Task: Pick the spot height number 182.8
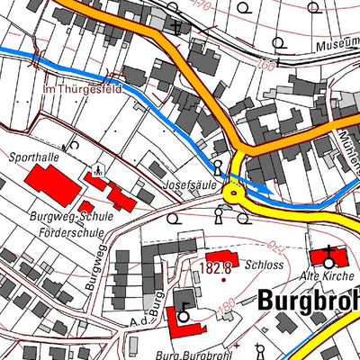217,268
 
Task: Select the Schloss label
269,266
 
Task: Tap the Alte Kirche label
328,275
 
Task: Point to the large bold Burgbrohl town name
308,300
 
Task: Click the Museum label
337,45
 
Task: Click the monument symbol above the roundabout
218,166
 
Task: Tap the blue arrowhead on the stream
260,190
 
